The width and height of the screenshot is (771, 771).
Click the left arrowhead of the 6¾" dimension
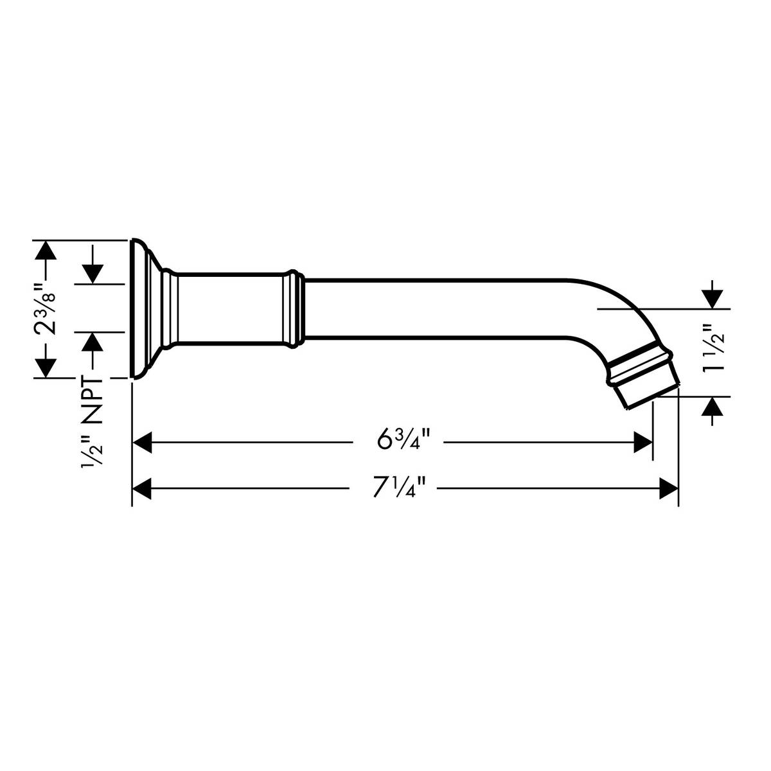(x=142, y=443)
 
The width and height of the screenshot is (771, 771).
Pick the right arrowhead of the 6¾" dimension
(x=643, y=443)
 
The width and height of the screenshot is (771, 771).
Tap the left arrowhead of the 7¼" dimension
(x=142, y=490)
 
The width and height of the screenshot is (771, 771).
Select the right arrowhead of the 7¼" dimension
(x=669, y=490)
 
